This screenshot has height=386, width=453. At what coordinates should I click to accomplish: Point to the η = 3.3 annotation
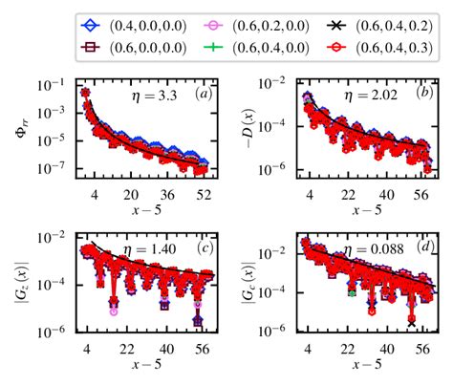[152, 96]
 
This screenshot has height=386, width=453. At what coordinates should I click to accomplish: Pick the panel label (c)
[203, 249]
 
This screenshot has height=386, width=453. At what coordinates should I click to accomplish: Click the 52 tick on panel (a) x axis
[204, 194]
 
